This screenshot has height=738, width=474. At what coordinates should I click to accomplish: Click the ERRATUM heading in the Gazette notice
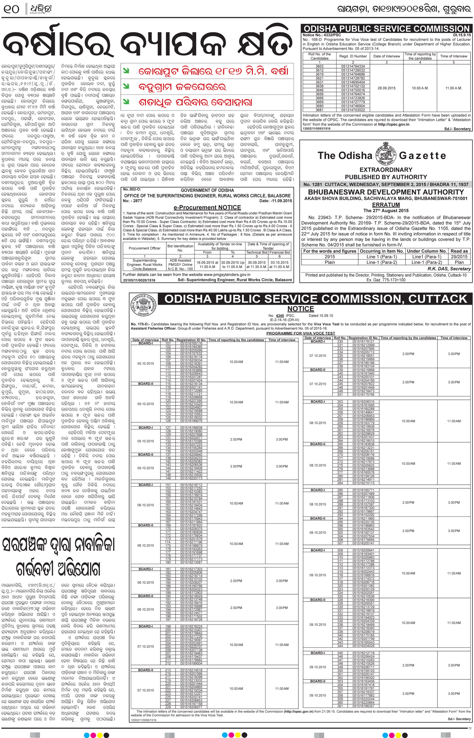386,204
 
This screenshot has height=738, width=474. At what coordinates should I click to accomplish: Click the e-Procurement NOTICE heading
207,207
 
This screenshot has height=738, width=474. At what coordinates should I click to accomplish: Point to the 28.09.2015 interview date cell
386,88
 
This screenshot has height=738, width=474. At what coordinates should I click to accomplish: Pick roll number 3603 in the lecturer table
319,66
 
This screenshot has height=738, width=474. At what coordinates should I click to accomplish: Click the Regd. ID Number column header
353,56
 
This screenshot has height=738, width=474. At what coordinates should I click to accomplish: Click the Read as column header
459,251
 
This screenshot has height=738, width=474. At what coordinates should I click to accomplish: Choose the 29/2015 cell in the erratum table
459,257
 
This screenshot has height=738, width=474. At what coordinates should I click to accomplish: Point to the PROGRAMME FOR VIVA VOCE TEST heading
301,333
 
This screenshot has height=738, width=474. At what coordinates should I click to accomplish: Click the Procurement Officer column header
144,248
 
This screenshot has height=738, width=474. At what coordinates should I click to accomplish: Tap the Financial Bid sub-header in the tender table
279,252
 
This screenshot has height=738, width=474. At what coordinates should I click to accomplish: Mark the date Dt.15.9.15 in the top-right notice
462,35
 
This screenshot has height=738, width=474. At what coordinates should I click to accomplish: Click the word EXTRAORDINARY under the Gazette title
386,170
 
